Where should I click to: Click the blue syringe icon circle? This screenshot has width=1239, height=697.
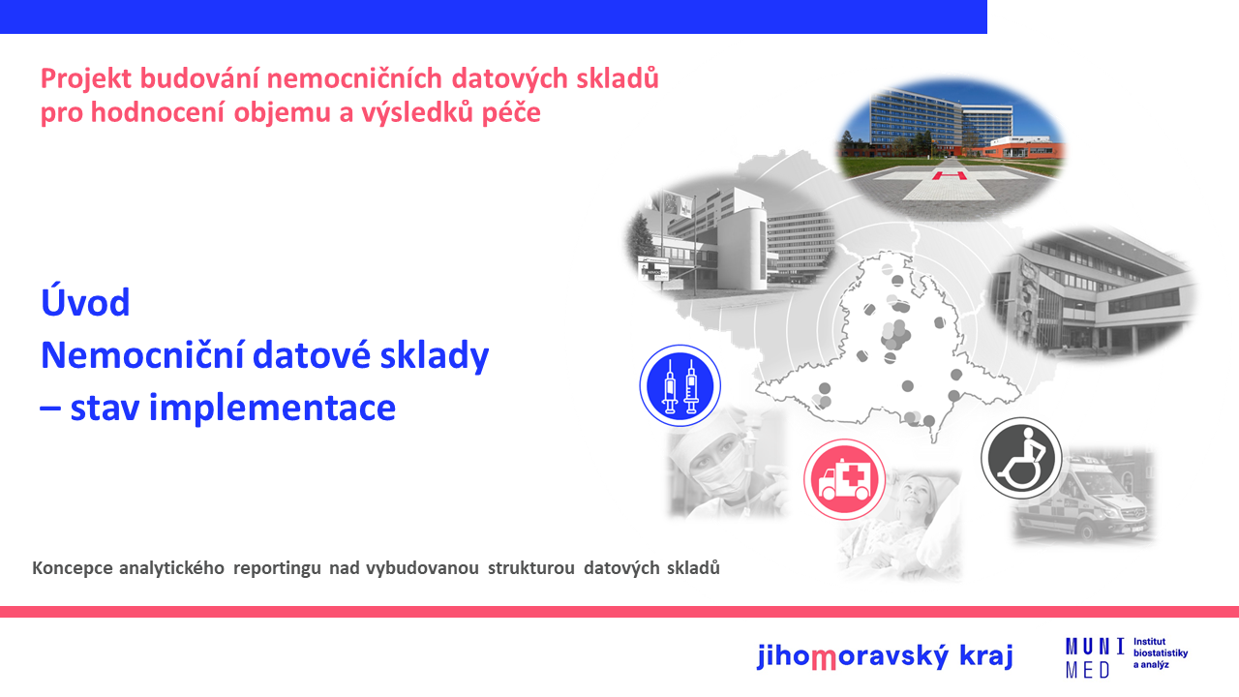click(x=680, y=385)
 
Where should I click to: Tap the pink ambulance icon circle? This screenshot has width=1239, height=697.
click(x=844, y=479)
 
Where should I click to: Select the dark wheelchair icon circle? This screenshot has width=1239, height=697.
click(x=1021, y=458)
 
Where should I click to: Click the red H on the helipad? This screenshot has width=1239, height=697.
click(x=950, y=176)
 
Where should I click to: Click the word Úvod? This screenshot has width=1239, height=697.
click(x=85, y=302)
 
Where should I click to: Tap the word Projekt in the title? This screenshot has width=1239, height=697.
click(x=86, y=79)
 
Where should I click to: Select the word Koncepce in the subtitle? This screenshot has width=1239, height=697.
click(x=73, y=568)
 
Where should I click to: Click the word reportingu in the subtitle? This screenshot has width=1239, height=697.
click(x=277, y=568)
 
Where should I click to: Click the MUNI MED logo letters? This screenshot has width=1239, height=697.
click(x=1095, y=657)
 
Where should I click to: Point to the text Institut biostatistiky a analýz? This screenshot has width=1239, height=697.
click(x=1161, y=653)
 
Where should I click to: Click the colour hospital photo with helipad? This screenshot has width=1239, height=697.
click(x=952, y=148)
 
